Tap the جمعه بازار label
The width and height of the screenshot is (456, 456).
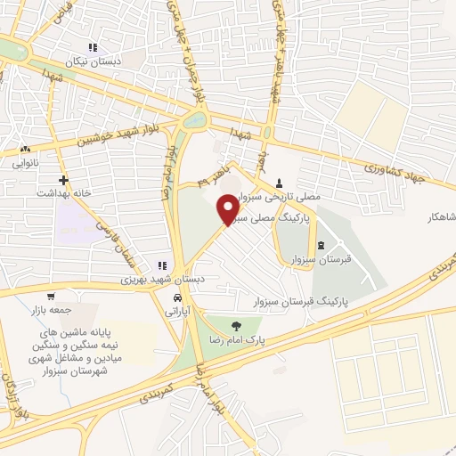point(50,310)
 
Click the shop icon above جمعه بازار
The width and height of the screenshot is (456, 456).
point(51,296)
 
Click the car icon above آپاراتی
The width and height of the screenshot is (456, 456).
point(178,297)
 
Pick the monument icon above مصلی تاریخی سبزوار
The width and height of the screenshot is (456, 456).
point(281,182)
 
